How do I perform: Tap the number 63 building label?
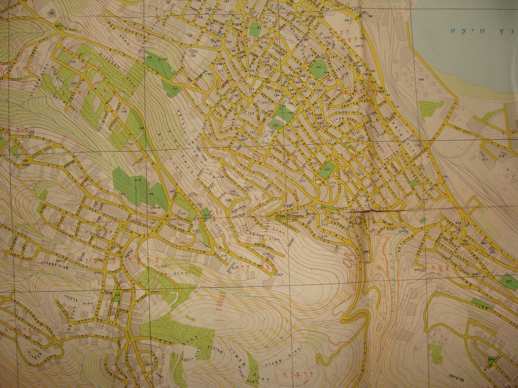click(x=52, y=13)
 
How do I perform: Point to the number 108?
click(x=193, y=56)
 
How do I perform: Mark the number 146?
click(x=124, y=112)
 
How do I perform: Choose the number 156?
click(x=32, y=133)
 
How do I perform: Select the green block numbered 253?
click(x=509, y=281)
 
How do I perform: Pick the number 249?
click(x=280, y=275)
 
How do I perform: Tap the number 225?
click(x=164, y=266)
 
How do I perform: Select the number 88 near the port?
click(x=370, y=16)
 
